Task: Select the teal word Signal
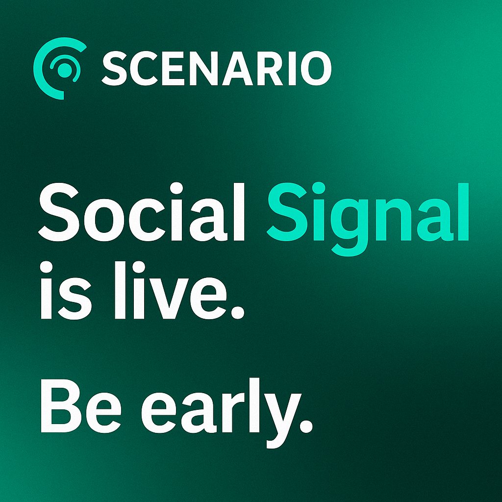coord(368,218)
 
